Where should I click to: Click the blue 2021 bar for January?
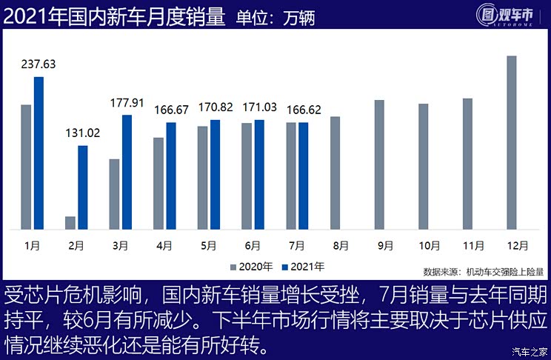pyautogui.click(x=39, y=153)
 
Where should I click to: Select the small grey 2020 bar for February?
pyautogui.click(x=70, y=222)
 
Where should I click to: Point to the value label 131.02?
pyautogui.click(x=81, y=133)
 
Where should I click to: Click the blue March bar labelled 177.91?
pyautogui.click(x=127, y=172)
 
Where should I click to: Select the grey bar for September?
pyautogui.click(x=379, y=164)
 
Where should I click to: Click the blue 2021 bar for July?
pyautogui.click(x=304, y=176)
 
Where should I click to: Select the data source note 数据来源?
pyautogui.click(x=483, y=272)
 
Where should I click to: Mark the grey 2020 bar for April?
pyautogui.click(x=158, y=183)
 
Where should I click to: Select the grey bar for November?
pyautogui.click(x=467, y=164)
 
